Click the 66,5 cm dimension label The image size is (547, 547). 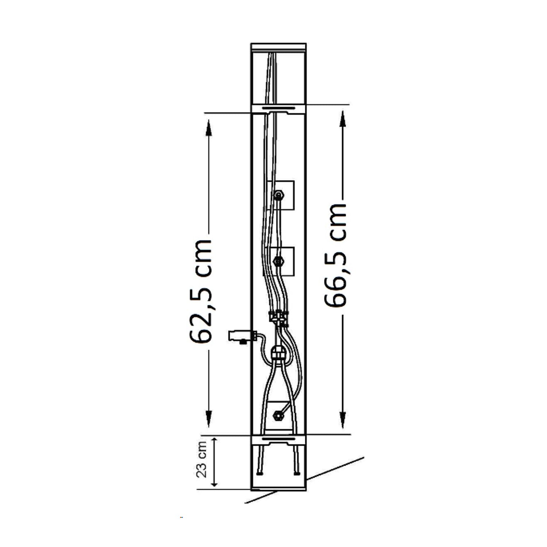coord(334,255)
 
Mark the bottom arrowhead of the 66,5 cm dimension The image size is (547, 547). coord(342,421)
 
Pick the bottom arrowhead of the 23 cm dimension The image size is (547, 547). coord(214,483)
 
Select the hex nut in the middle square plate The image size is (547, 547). coord(278,261)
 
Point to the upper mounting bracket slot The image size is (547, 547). coord(279,108)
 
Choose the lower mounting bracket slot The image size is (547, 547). coord(279,438)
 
